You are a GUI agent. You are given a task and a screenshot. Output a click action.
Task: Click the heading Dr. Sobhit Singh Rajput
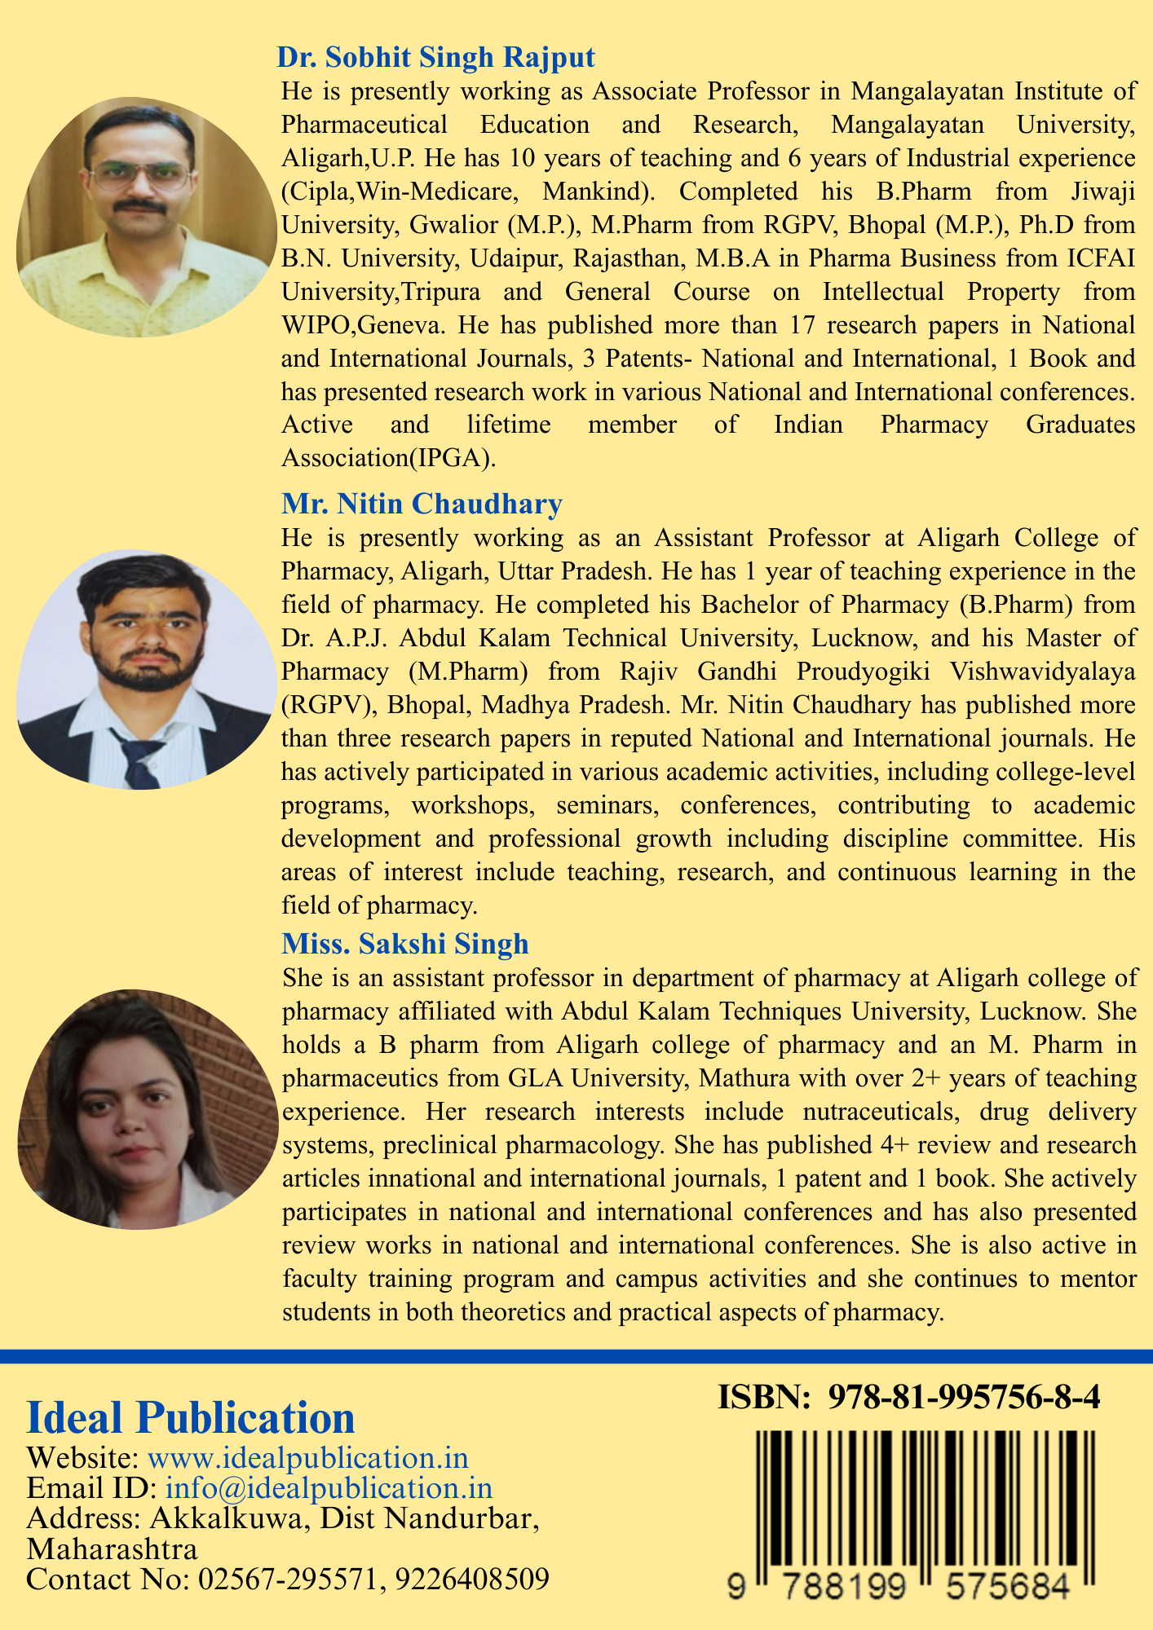tap(436, 58)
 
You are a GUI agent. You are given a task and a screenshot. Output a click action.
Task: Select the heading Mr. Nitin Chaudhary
tap(422, 504)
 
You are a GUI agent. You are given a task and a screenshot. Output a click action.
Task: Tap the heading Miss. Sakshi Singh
tap(405, 944)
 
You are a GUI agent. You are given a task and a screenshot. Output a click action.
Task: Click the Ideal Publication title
tap(191, 1418)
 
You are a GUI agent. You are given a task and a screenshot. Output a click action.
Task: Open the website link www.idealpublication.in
tap(307, 1458)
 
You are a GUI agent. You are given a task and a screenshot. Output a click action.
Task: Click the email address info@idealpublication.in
tap(329, 1488)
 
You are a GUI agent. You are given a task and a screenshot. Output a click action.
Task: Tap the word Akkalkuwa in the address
tap(224, 1519)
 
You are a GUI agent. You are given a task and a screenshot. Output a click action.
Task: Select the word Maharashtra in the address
tap(112, 1549)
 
